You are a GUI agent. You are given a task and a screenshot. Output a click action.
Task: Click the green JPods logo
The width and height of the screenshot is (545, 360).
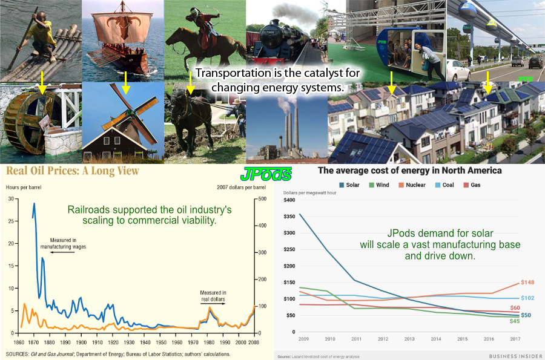266,174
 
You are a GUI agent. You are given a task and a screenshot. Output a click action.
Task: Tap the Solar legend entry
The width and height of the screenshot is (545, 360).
349,185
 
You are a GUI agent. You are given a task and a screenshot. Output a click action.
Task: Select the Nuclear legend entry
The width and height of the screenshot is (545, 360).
412,185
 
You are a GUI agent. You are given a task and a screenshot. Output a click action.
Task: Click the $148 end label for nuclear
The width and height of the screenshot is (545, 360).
527,282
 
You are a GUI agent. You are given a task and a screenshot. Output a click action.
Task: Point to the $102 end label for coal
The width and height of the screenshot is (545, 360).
527,298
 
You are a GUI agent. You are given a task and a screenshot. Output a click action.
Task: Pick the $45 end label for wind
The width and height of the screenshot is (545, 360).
515,321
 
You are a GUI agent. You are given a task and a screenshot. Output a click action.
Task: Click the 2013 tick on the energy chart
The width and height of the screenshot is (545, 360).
409,339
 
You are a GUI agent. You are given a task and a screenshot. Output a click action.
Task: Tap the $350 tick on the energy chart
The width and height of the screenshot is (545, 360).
289,216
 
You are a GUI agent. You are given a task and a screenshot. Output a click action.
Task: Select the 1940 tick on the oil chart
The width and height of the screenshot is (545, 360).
145,342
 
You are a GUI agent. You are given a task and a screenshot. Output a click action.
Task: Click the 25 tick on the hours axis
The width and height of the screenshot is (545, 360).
11,221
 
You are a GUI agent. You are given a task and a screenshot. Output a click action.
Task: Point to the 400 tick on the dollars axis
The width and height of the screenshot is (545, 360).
262,226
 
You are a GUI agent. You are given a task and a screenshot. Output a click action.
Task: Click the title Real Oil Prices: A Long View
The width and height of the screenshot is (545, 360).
73,171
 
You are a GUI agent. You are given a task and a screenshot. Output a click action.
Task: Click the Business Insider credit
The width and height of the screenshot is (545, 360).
515,356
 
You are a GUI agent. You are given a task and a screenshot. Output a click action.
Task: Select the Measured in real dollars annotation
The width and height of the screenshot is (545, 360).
213,296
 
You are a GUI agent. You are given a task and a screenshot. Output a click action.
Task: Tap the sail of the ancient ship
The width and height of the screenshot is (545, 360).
122,27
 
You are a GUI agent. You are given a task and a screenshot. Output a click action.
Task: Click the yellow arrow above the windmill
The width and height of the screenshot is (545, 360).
126,83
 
